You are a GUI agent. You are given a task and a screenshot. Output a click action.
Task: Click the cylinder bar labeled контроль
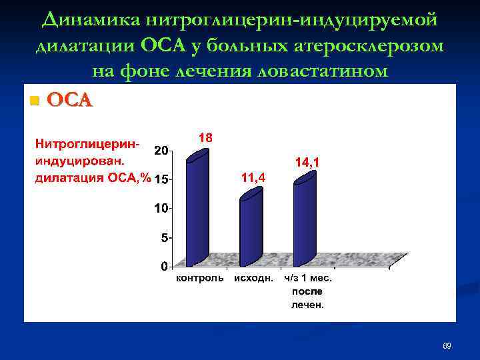coord(197,210)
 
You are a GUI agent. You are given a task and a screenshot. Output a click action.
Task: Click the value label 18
coord(206,138)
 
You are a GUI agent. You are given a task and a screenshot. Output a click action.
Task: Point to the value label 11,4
coord(253,177)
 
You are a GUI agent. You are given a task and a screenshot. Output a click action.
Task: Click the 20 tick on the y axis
coord(161,150)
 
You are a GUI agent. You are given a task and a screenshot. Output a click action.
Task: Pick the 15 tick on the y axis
coord(161,179)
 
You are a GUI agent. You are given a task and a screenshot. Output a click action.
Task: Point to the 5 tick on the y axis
coord(164,237)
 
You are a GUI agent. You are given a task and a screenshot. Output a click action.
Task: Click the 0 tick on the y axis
coord(164,267)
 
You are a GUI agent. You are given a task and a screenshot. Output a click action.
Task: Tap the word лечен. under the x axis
coord(307,305)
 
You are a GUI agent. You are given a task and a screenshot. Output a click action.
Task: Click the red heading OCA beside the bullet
coord(70,101)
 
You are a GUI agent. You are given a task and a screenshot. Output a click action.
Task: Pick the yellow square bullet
coord(35,101)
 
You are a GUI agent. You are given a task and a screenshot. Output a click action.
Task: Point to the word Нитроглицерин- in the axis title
coord(87,143)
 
